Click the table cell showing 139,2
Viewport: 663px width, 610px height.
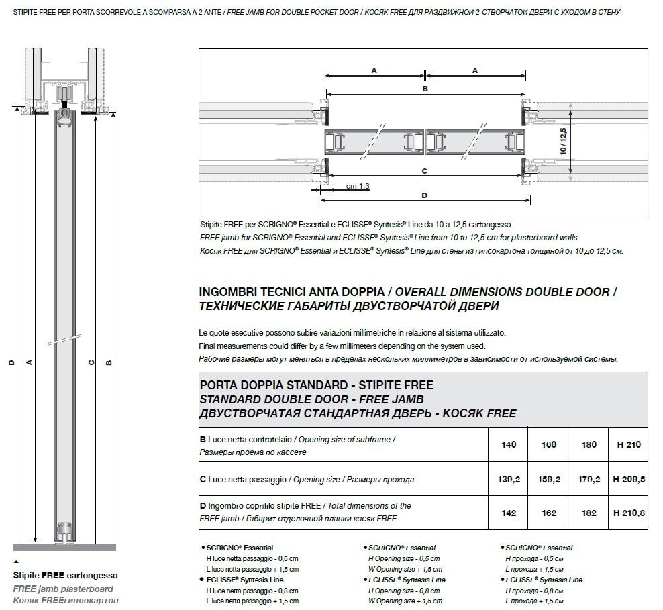[x=509, y=479]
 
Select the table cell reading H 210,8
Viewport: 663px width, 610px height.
[x=629, y=513]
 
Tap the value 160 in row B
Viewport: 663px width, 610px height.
[x=549, y=444]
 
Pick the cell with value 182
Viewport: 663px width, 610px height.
[x=589, y=513]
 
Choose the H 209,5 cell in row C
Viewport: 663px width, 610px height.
[x=629, y=479]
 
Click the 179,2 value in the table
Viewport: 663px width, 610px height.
[x=589, y=479]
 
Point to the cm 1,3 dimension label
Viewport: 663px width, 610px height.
[x=358, y=186]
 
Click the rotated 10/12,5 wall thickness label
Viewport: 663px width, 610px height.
[x=563, y=141]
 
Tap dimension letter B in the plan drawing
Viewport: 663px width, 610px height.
[x=425, y=89]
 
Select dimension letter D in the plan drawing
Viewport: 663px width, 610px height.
[x=425, y=195]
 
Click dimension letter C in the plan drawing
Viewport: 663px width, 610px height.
[x=425, y=171]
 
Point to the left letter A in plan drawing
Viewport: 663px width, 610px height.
[x=374, y=70]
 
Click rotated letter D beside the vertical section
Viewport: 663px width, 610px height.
[x=12, y=362]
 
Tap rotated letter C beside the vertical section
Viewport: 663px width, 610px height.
[x=91, y=362]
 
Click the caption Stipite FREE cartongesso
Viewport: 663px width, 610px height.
[x=66, y=575]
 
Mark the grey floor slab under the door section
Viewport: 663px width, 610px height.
[x=64, y=548]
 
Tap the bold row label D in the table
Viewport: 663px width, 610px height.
[x=203, y=506]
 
